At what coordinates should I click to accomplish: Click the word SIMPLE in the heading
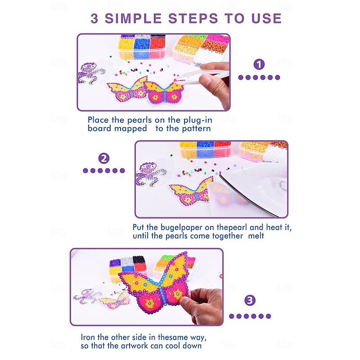(x=133, y=18)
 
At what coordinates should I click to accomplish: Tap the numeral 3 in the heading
(x=94, y=18)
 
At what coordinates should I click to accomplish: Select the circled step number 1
(x=259, y=64)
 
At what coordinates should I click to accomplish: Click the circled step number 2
(x=104, y=158)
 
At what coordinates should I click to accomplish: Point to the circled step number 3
(x=250, y=300)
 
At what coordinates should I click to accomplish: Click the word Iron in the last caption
(x=88, y=337)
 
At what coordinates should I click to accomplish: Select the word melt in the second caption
(x=256, y=236)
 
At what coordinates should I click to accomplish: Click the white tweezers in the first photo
(x=202, y=76)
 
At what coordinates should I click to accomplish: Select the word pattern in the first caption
(x=196, y=129)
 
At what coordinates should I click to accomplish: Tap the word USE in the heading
(x=266, y=18)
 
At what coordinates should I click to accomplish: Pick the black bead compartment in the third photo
(x=139, y=260)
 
